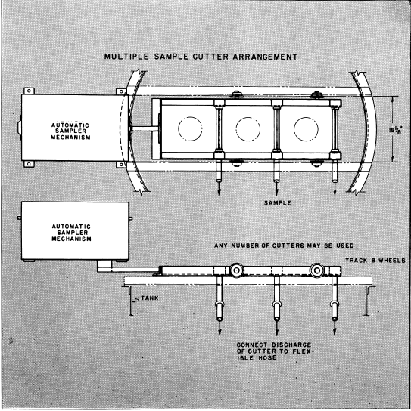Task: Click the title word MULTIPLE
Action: [x=126, y=57]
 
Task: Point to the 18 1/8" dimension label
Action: [x=395, y=129]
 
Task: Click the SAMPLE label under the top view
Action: [x=278, y=203]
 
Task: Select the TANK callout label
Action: [x=150, y=298]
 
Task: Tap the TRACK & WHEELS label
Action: [x=375, y=261]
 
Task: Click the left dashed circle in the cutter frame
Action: [x=190, y=129]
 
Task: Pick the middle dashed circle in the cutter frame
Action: [x=248, y=129]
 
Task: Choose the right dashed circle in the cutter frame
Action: [x=306, y=129]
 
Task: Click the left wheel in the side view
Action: [x=236, y=270]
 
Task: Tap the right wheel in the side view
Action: [x=317, y=270]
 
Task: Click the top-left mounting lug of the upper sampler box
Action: [x=30, y=91]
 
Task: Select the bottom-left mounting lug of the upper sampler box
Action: [x=30, y=164]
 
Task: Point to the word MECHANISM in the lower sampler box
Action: [x=71, y=239]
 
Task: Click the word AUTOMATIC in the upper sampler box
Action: [x=70, y=125]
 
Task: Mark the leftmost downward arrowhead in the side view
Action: [x=220, y=331]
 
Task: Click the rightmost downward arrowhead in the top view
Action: [x=335, y=192]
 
